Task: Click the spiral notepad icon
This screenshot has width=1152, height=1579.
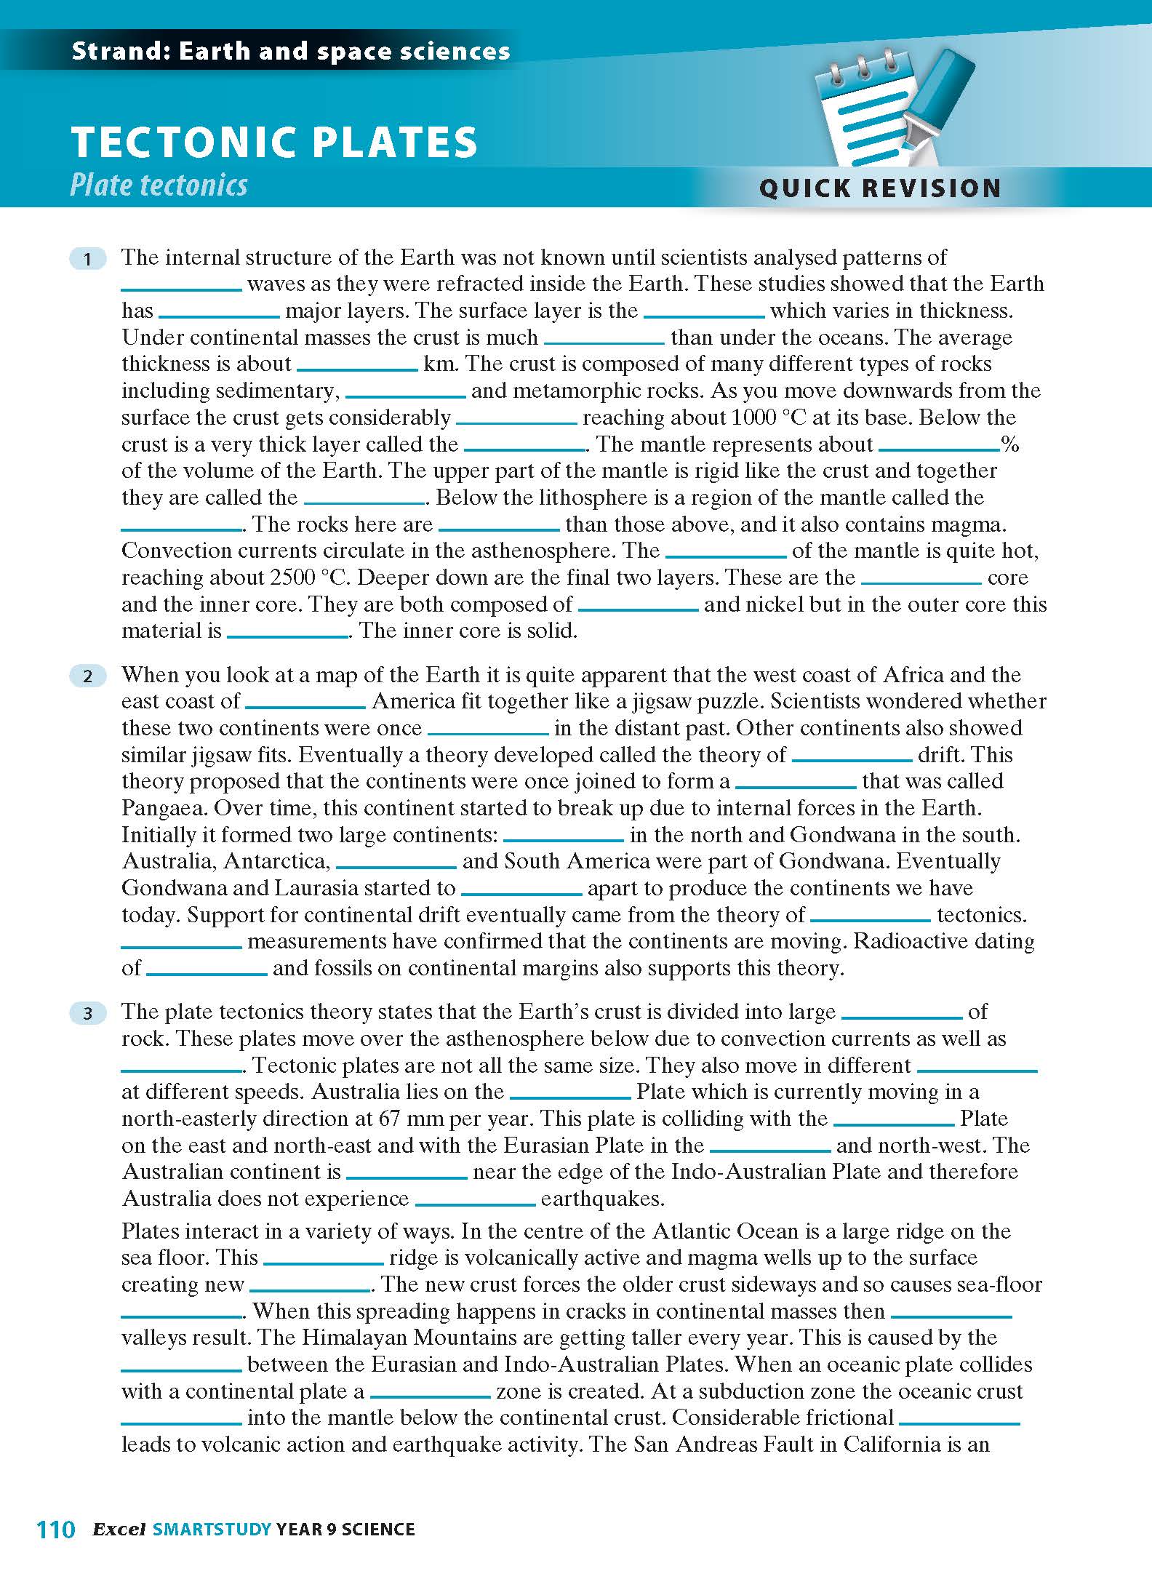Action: click(x=862, y=116)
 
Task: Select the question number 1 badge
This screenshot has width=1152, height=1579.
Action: click(x=88, y=258)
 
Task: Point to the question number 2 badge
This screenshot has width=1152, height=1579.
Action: click(x=88, y=676)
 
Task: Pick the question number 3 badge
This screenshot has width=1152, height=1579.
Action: click(x=88, y=1012)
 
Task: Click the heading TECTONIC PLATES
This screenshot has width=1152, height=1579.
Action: click(x=274, y=142)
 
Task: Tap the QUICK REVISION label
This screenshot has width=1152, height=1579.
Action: click(x=880, y=188)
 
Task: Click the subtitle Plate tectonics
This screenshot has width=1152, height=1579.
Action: click(x=159, y=185)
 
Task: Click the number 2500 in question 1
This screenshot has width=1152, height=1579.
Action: click(x=292, y=577)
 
